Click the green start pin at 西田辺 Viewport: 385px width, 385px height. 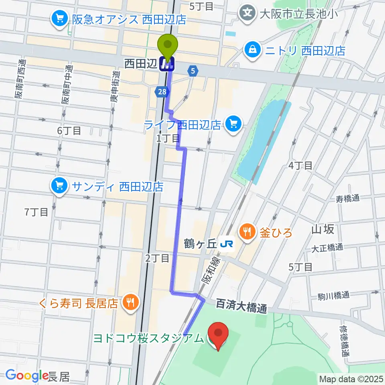click(x=168, y=45)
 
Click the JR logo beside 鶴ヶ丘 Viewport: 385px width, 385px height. click(x=228, y=243)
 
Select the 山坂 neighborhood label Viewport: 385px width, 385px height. click(x=322, y=229)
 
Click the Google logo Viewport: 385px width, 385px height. click(x=27, y=375)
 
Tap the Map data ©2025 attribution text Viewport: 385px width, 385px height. click(x=351, y=379)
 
